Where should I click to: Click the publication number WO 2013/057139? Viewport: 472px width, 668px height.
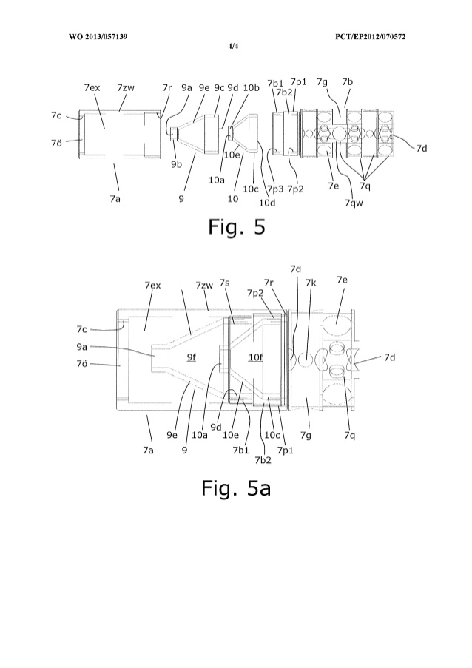[98, 36]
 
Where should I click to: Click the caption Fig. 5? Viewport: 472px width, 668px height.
[236, 226]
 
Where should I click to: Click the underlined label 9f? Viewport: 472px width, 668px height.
[191, 357]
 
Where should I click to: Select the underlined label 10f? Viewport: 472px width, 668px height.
[255, 358]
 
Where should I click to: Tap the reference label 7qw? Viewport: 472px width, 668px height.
[354, 203]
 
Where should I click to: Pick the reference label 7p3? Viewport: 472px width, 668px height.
[275, 189]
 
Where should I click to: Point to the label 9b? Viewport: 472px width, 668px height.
[176, 163]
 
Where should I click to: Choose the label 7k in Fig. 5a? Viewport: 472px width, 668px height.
[311, 283]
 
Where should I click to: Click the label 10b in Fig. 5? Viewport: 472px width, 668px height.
[252, 87]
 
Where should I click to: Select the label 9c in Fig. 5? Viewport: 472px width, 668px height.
[219, 87]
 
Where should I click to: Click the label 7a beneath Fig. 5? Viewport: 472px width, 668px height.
[115, 198]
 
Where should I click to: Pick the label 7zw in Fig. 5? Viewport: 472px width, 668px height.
[126, 87]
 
